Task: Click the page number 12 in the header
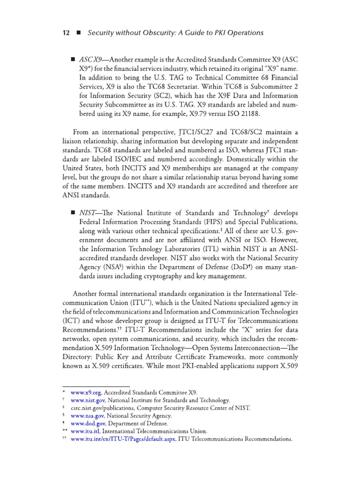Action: pyautogui.click(x=66, y=33)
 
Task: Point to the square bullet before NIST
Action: pyautogui.click(x=73, y=212)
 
